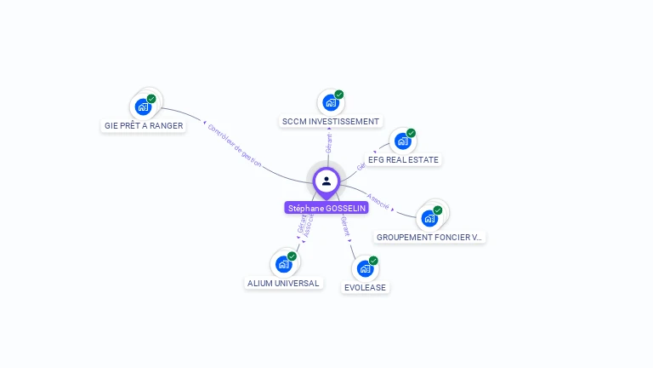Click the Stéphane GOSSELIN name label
click(x=326, y=208)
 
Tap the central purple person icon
click(x=326, y=181)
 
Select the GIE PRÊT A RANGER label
click(x=144, y=126)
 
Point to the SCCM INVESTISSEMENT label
click(x=330, y=122)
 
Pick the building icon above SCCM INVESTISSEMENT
click(x=330, y=103)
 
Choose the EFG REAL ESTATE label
click(x=403, y=159)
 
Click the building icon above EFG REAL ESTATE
click(x=402, y=141)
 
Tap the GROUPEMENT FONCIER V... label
click(x=429, y=237)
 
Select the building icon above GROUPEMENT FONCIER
click(x=429, y=218)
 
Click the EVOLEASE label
click(x=365, y=287)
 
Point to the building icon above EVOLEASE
click(x=365, y=268)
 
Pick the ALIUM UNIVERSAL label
click(x=283, y=283)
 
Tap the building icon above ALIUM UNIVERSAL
click(x=283, y=264)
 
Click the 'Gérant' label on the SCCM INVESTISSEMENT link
click(x=328, y=144)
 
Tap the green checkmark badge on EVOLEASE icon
click(x=373, y=261)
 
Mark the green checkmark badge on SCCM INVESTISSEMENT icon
click(x=338, y=95)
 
